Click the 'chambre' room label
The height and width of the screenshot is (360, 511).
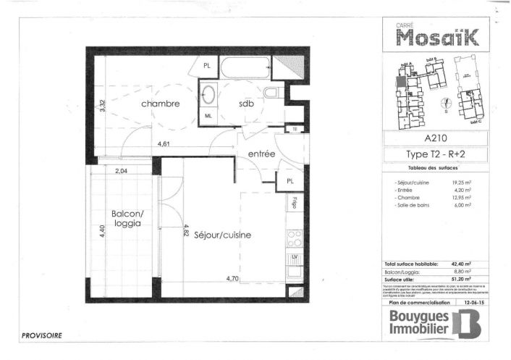[160, 104]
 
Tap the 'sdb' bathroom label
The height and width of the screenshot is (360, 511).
[247, 104]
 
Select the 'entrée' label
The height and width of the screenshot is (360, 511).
[261, 154]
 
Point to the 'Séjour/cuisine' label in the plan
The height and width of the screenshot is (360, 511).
[222, 235]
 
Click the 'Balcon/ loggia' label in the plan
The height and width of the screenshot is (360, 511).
[127, 219]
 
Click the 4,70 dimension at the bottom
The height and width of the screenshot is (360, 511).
[232, 278]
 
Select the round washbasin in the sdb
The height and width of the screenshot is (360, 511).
[209, 94]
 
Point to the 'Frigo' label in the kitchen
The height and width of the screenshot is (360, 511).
[295, 202]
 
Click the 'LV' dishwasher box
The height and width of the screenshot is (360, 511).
[295, 257]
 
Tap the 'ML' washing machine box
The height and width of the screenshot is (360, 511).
[208, 115]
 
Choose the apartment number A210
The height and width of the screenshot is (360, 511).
[434, 138]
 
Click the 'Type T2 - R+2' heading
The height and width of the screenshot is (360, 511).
[434, 154]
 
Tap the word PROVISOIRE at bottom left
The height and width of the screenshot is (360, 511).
[41, 335]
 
